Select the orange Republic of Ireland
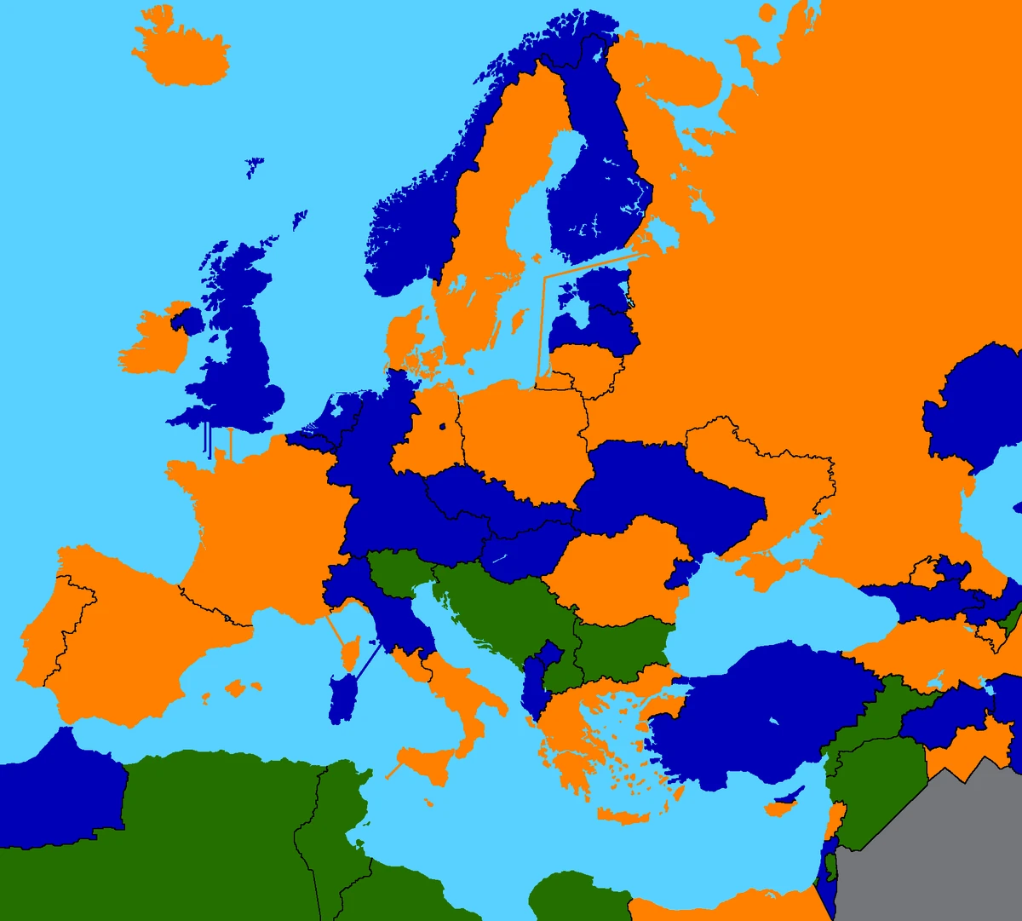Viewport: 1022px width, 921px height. coord(153,345)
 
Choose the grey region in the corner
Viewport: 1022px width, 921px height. coord(937,852)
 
